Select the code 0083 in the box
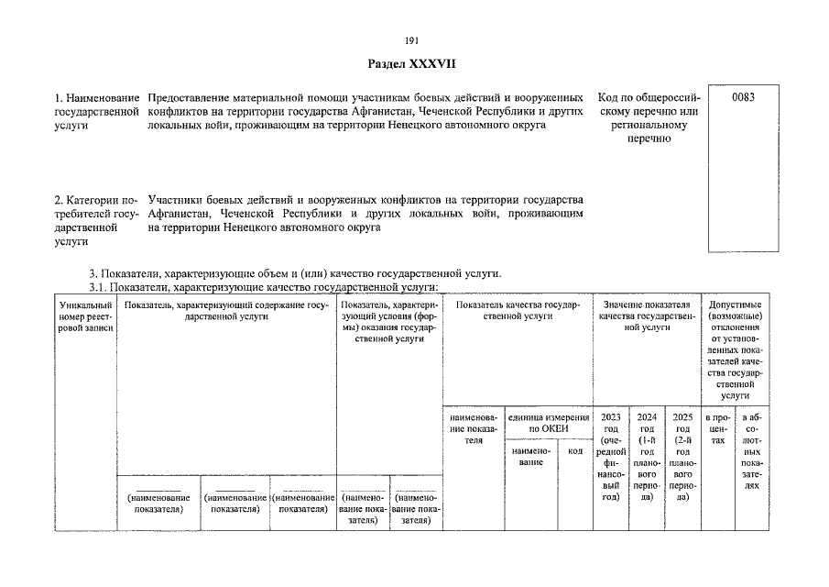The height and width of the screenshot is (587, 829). (x=743, y=96)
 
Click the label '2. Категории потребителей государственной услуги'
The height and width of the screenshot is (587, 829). (x=96, y=220)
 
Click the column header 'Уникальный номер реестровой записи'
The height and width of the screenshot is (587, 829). (x=84, y=316)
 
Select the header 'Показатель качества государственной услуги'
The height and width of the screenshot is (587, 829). (x=517, y=309)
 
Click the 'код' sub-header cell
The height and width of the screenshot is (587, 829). (x=575, y=450)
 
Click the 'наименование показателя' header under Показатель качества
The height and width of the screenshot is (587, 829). (x=473, y=428)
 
